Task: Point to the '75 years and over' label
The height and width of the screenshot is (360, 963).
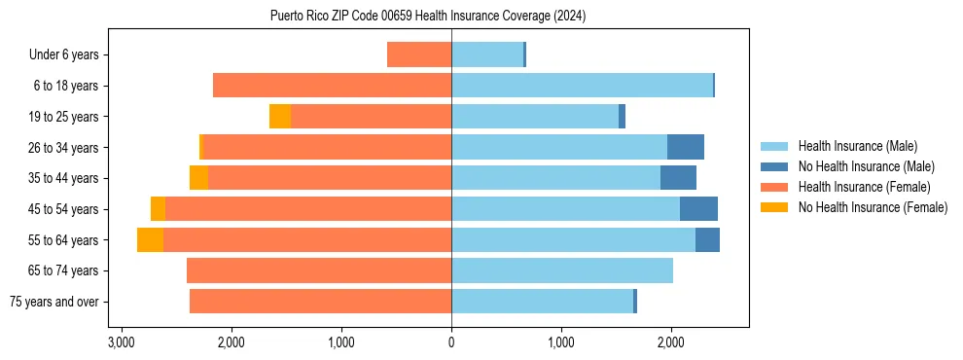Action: coord(54,302)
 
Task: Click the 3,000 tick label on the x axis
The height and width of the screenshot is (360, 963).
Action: coord(121,342)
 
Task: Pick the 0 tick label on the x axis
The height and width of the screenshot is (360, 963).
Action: coord(451,342)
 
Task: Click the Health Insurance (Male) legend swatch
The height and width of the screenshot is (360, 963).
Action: coord(774,146)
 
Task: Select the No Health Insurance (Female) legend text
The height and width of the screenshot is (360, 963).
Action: coord(873,207)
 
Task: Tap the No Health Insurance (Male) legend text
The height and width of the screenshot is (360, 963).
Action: coord(866,166)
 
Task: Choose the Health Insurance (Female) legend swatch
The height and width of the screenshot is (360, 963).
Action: coord(774,187)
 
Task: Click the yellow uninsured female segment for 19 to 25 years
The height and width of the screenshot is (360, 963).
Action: coord(280,117)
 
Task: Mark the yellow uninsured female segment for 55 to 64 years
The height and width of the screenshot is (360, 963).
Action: coord(150,240)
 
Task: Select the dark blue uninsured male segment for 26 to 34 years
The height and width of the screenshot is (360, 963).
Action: coord(686,147)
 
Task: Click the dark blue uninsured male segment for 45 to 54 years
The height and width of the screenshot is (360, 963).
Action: coord(698,209)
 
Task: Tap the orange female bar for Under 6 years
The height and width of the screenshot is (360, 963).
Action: coord(419,54)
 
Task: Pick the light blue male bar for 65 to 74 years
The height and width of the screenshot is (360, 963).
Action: coord(562,270)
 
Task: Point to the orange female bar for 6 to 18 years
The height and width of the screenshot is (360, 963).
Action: coord(332,86)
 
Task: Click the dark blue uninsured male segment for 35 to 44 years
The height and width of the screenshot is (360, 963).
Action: coord(678,178)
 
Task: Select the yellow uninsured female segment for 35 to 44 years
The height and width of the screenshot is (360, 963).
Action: coord(198,178)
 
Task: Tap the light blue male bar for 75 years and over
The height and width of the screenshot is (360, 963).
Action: coord(542,302)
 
